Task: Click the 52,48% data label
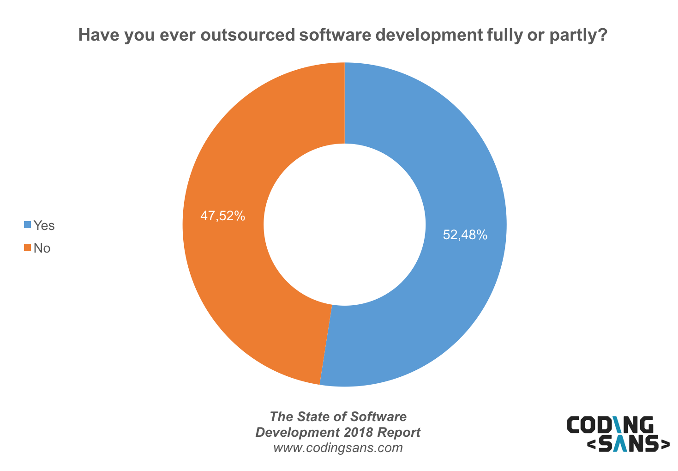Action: tap(465, 235)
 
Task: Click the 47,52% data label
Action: tap(222, 216)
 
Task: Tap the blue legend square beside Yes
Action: tap(27, 225)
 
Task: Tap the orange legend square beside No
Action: tap(27, 248)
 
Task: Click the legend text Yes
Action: tap(44, 225)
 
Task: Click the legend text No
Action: tap(42, 248)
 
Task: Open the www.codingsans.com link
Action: tap(338, 448)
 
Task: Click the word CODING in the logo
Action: tap(610, 425)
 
